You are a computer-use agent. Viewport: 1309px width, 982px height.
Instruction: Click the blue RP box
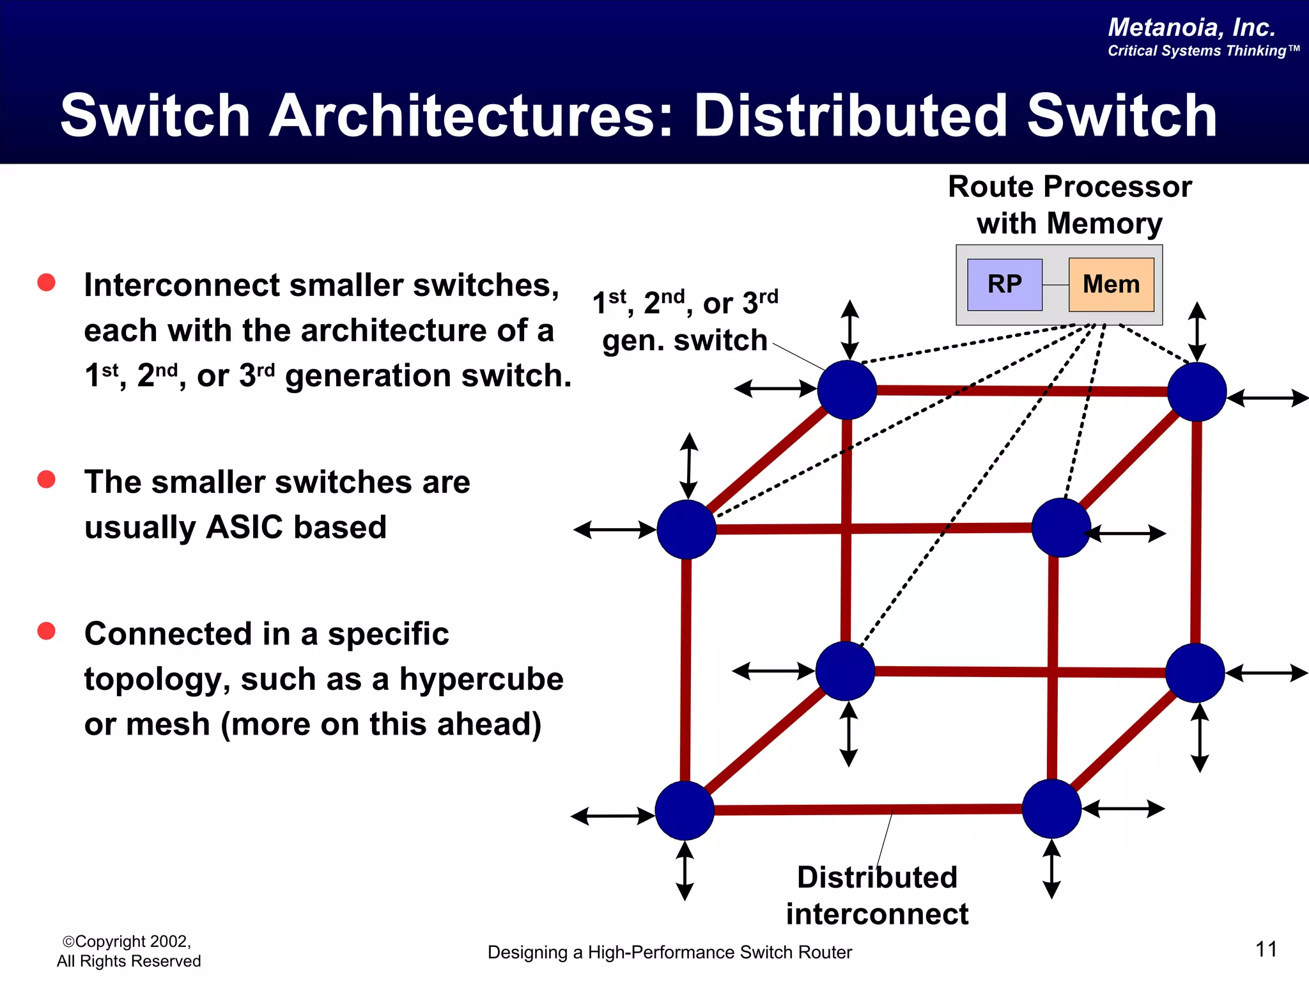pyautogui.click(x=1004, y=284)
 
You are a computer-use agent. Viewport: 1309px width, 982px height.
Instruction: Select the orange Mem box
pyautogui.click(x=1111, y=284)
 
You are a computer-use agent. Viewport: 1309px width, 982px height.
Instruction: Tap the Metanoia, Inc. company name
pyautogui.click(x=1191, y=27)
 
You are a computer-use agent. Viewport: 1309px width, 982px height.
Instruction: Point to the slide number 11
pyautogui.click(x=1266, y=949)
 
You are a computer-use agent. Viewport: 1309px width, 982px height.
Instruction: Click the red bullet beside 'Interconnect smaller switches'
pyautogui.click(x=46, y=283)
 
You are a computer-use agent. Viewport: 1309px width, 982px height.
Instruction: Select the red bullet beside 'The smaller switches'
pyautogui.click(x=46, y=479)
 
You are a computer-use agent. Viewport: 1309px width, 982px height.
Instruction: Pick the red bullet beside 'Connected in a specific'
pyautogui.click(x=46, y=631)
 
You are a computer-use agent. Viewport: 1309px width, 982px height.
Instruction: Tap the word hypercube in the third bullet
pyautogui.click(x=481, y=679)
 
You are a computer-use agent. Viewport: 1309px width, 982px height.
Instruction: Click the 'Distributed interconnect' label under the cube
pyautogui.click(x=877, y=895)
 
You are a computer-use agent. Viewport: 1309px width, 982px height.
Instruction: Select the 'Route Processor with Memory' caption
pyautogui.click(x=1069, y=205)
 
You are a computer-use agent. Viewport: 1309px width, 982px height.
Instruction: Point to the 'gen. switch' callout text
pyautogui.click(x=684, y=340)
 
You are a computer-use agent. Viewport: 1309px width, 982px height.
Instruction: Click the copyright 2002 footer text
pyautogui.click(x=128, y=951)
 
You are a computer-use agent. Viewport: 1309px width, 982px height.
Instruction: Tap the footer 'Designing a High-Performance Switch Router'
pyautogui.click(x=669, y=952)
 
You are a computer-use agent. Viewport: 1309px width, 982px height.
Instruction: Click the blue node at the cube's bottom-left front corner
pyautogui.click(x=685, y=810)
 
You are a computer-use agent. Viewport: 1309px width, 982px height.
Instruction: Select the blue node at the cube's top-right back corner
pyautogui.click(x=1197, y=391)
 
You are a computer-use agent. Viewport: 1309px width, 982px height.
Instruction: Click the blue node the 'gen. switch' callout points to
pyautogui.click(x=847, y=389)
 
